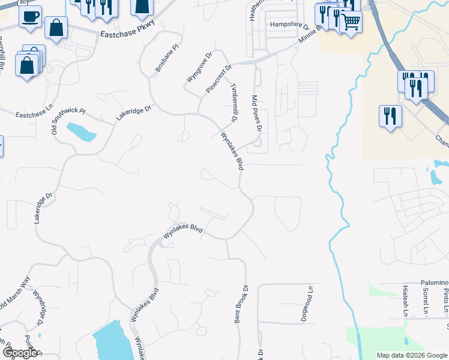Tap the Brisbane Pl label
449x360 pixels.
[x=167, y=58]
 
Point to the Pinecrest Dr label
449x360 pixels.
[x=218, y=79]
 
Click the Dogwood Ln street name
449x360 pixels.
[x=312, y=303]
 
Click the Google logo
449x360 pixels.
[x=19, y=353]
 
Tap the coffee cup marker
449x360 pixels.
[x=30, y=16]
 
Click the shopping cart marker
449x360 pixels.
[x=351, y=22]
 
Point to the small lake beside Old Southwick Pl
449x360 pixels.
[x=80, y=131]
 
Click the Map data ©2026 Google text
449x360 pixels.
[x=412, y=355]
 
